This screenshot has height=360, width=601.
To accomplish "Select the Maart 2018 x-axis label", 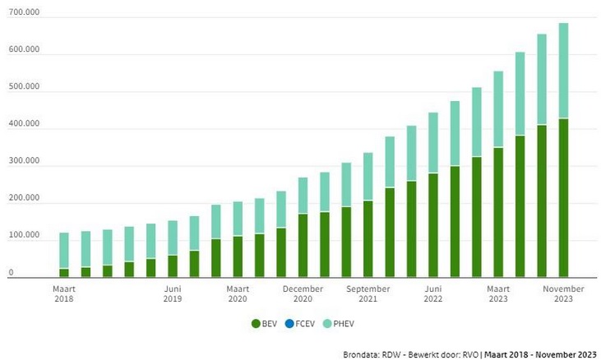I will (x=64, y=294).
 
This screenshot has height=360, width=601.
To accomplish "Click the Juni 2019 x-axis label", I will (x=172, y=294).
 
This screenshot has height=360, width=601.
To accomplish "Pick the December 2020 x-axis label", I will (x=303, y=294).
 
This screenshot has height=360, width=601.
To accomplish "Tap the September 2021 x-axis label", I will (x=368, y=294).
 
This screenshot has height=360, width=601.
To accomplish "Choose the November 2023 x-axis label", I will (x=562, y=294).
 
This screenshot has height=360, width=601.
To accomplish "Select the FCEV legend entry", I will (x=306, y=325).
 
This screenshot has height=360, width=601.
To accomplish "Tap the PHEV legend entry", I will (x=348, y=325).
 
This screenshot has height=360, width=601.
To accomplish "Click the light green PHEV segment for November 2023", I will (x=563, y=71).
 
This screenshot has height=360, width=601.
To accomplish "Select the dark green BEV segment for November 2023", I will (x=563, y=197).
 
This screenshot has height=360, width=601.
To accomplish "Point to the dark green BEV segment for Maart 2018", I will (x=64, y=273).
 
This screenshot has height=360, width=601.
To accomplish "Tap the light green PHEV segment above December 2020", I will (x=303, y=196).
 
